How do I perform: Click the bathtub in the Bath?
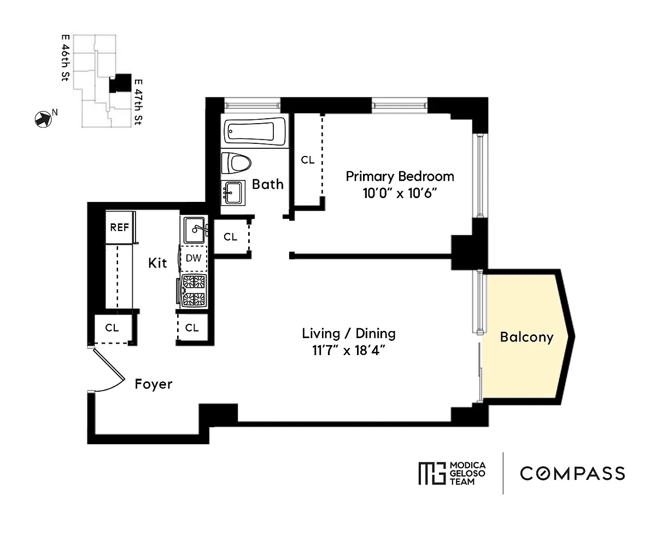254,131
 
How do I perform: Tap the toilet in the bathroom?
236,163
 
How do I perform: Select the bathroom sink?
233,193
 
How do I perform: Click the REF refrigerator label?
119,227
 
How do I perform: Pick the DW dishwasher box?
194,258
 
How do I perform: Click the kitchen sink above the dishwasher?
195,230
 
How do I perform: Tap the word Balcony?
526,338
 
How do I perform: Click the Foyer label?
154,385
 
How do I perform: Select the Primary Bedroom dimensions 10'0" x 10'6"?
400,193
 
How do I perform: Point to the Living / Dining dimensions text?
349,351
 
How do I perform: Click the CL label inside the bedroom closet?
308,160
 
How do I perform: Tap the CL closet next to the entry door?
112,328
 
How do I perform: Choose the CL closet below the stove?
192,328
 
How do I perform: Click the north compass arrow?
43,119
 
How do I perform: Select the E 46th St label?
65,58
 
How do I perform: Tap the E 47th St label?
138,102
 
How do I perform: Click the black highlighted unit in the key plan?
120,83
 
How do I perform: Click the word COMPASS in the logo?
572,474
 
